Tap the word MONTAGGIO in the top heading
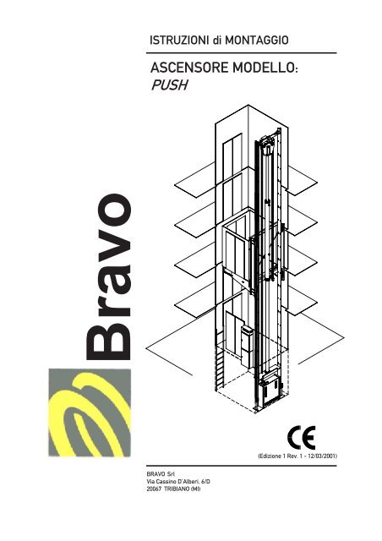tap(257, 40)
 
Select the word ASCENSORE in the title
tap(189, 68)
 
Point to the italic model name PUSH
tap(169, 85)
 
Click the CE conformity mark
tap(301, 438)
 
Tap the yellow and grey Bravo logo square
tap(90, 413)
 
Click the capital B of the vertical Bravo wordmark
tap(108, 342)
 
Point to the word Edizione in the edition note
tap(271, 456)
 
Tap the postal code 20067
tap(155, 489)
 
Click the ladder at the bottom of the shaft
tap(218, 359)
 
